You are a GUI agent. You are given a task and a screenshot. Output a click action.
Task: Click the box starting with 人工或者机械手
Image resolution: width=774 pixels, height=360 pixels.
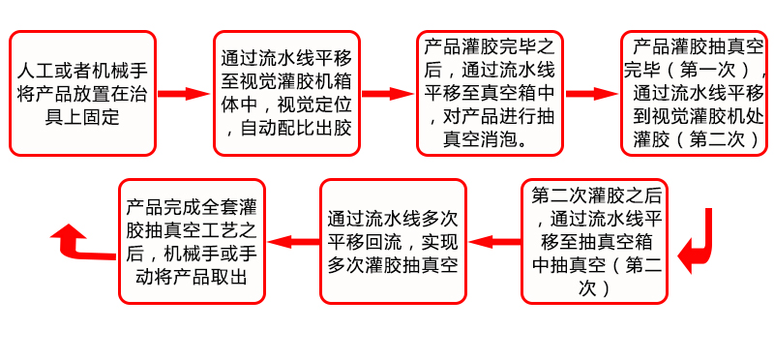pos(82,94)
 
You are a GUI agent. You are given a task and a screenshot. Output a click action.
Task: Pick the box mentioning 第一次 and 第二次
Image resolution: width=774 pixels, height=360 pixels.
pos(694,94)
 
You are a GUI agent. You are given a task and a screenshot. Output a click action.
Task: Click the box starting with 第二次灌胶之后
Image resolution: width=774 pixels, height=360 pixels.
pos(593,241)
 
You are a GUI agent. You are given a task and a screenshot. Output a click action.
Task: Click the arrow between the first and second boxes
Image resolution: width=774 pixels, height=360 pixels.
pos(184,94)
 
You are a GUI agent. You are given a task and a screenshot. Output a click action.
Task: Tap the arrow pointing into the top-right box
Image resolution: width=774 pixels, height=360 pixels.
pos(591,94)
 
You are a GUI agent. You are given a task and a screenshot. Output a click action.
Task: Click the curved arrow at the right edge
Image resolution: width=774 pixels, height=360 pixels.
pos(699,242)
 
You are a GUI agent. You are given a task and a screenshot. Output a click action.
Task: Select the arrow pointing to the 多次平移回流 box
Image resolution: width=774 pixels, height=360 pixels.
pos(491,241)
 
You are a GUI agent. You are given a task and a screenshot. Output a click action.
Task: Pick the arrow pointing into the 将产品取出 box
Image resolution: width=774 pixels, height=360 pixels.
pos(291,241)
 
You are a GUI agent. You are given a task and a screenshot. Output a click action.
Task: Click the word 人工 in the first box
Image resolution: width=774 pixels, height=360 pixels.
pos(36,73)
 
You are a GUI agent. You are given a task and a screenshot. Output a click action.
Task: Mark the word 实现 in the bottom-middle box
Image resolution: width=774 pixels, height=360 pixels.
pos(436,242)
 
